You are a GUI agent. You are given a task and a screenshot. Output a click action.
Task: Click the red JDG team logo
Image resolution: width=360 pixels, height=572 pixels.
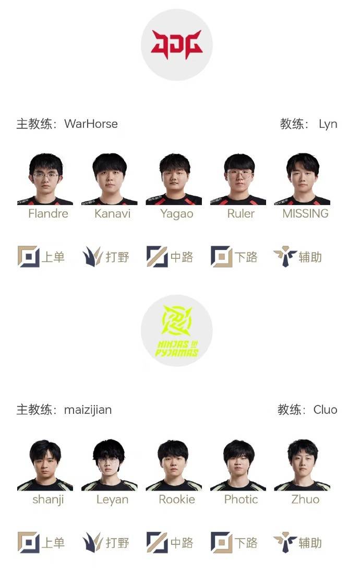[x=177, y=44]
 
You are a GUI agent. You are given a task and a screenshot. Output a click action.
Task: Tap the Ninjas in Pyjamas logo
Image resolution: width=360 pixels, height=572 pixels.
[x=177, y=331]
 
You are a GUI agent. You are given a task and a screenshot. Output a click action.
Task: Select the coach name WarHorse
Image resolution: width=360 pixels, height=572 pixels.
[x=91, y=124]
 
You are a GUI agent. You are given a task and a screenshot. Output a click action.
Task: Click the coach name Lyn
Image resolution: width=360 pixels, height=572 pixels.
[x=328, y=124]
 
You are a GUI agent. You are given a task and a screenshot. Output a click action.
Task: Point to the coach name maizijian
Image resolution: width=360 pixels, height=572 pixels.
[x=88, y=410]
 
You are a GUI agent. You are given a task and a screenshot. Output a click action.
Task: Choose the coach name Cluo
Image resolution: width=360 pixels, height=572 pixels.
[x=326, y=410]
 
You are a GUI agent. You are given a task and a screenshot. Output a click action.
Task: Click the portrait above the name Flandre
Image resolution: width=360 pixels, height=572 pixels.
[x=45, y=179]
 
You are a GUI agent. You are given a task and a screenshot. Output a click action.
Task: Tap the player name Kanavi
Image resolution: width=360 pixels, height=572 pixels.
[x=112, y=213]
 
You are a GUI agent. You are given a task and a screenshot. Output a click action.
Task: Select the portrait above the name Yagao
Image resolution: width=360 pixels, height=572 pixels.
[x=174, y=179]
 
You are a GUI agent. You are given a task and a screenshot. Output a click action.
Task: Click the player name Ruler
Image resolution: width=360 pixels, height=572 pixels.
[x=241, y=213]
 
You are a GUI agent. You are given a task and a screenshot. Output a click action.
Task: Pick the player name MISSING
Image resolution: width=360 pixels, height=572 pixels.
[x=306, y=213]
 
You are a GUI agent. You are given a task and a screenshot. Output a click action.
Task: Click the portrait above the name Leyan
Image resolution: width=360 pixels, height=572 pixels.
[x=110, y=465]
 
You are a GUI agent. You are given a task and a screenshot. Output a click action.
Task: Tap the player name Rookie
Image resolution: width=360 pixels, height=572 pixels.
[x=177, y=499]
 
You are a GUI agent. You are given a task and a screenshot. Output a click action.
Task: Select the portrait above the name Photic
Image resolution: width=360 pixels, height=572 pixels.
[x=238, y=465]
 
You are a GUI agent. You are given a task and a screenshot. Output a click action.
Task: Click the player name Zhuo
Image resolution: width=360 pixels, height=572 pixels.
[x=305, y=499]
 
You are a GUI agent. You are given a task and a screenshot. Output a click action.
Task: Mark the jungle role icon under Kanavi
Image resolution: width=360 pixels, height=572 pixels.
[x=93, y=256]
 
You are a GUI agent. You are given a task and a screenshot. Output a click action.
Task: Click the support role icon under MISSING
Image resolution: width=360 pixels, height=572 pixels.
[x=285, y=256]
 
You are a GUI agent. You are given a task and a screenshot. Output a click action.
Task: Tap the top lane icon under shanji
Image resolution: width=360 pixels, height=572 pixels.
[x=29, y=542]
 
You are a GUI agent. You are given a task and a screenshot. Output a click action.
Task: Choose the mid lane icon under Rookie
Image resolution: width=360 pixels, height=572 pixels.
[x=157, y=542]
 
